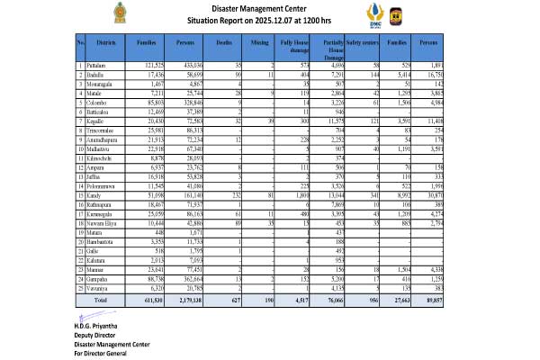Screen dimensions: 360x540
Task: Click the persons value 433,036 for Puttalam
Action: [185, 67]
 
